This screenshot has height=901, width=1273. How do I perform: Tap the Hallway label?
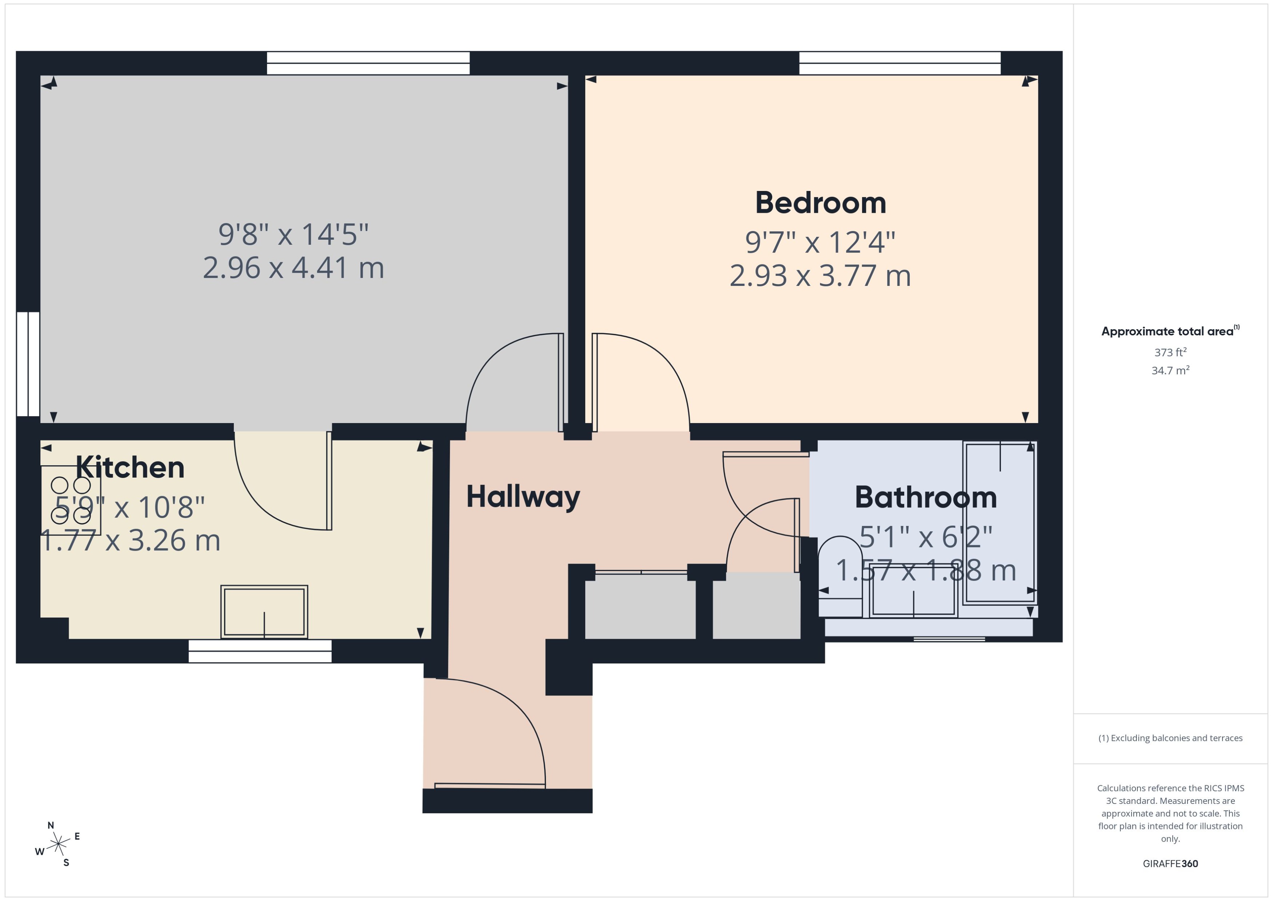point(523,497)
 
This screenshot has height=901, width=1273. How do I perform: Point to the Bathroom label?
point(925,497)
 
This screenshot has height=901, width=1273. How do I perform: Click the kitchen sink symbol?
point(264,612)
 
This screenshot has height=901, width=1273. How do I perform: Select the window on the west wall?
point(28,364)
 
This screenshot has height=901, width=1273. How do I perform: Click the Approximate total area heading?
point(1169,332)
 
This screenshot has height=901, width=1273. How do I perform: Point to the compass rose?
point(58,844)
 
